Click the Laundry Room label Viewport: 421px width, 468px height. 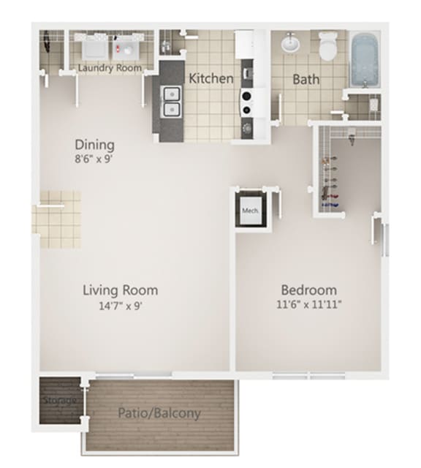(110, 69)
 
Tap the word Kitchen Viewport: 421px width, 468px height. (211, 78)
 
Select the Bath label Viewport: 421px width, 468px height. (306, 79)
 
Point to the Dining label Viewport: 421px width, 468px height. (94, 144)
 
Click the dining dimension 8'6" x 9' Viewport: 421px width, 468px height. (94, 157)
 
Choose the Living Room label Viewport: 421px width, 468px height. (120, 290)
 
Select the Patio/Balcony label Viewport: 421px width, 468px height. (159, 414)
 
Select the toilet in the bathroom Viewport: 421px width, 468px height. (327, 47)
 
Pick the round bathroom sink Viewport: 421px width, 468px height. (290, 44)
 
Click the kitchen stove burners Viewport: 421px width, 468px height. (246, 102)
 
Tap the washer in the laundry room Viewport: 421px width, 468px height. (94, 48)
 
